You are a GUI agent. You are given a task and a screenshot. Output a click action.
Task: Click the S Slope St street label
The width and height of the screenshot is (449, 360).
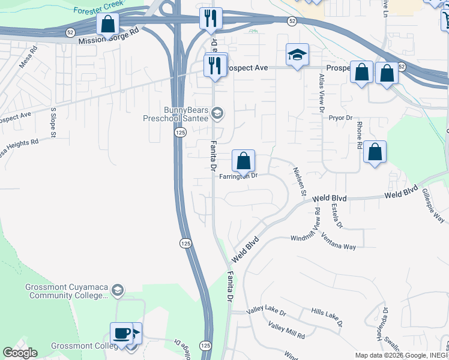pos(53,122)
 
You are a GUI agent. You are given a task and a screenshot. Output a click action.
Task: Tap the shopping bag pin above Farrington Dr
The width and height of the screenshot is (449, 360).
pos(243,161)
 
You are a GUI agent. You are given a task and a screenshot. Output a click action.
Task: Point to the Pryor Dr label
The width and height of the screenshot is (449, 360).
pos(340,118)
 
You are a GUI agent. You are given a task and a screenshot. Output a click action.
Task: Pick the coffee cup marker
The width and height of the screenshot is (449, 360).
pos(121,333)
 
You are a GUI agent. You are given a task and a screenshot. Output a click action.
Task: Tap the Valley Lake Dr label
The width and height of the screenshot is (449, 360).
pos(267,313)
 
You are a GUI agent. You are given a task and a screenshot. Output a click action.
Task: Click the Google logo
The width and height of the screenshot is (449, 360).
pos(19,353)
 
